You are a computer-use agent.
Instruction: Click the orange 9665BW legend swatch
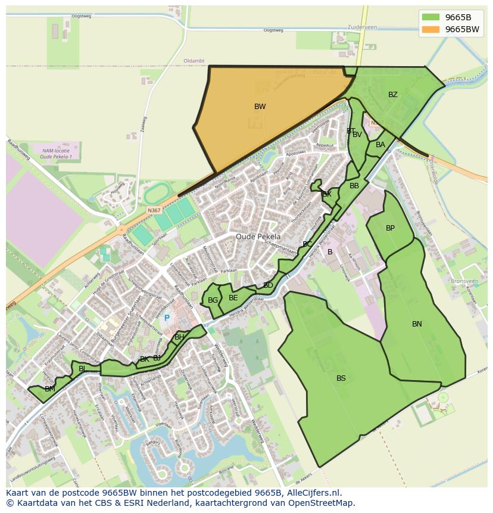click(x=431, y=29)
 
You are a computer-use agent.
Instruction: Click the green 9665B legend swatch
click(x=431, y=17)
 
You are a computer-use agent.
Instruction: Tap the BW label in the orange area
click(x=260, y=107)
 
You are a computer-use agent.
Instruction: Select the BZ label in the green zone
click(x=392, y=95)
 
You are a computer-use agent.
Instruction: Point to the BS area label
click(x=341, y=378)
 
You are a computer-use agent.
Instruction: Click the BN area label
click(x=417, y=324)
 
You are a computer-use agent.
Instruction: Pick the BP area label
click(x=390, y=228)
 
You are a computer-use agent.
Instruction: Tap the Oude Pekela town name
click(x=258, y=237)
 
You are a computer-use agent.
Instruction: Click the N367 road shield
click(x=154, y=210)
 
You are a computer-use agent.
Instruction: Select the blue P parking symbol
click(x=167, y=318)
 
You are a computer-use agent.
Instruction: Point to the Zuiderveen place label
click(x=363, y=27)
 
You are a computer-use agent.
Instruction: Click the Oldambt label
click(x=194, y=61)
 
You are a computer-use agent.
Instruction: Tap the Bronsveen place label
click(x=464, y=281)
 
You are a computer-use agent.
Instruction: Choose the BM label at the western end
click(x=50, y=389)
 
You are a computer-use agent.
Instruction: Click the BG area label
click(x=213, y=300)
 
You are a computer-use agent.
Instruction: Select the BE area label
click(x=233, y=298)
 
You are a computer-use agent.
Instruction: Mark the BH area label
click(x=179, y=337)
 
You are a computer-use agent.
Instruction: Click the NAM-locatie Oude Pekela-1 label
click(x=56, y=154)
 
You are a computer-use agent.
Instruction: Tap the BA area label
click(x=380, y=145)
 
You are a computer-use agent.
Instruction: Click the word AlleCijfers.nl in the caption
click(x=311, y=493)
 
